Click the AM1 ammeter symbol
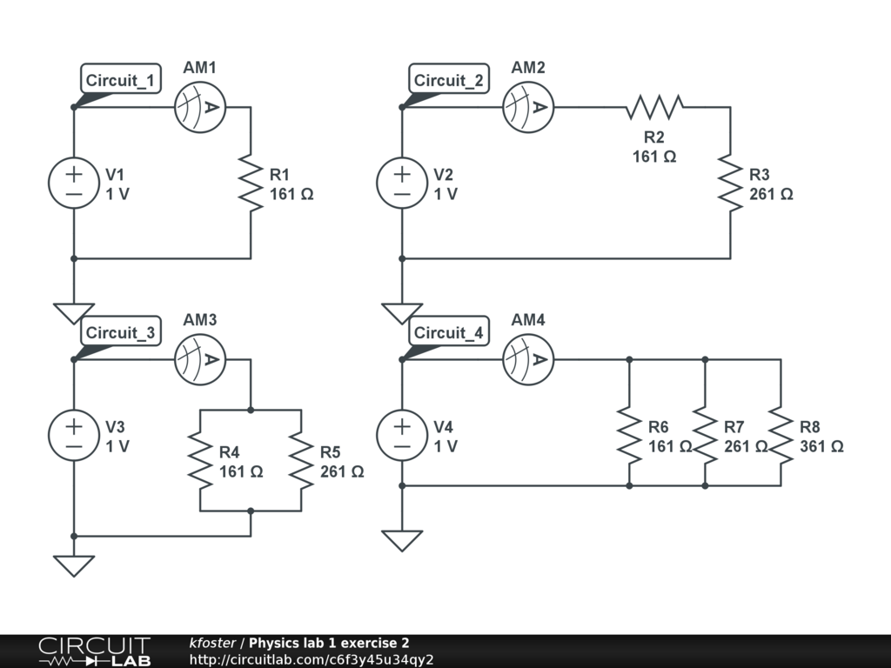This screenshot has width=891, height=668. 200,108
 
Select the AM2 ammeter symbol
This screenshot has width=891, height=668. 528,108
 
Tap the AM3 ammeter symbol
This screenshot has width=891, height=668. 200,360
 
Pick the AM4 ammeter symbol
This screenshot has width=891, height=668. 528,360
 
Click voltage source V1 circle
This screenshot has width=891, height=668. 74,183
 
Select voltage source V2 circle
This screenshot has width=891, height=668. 402,183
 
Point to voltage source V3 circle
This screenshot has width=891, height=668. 74,436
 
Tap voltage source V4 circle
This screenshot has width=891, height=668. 402,436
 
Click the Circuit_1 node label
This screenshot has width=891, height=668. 121,81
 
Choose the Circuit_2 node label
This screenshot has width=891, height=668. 449,81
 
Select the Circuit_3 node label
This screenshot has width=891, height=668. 121,332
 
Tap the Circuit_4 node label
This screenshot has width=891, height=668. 449,332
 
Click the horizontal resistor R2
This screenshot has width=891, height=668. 654,108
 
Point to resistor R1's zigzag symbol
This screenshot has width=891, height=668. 251,183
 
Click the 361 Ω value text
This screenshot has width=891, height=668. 821,446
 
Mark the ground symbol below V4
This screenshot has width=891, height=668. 402,540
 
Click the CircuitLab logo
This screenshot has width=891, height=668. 94,651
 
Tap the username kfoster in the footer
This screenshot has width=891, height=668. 212,643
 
